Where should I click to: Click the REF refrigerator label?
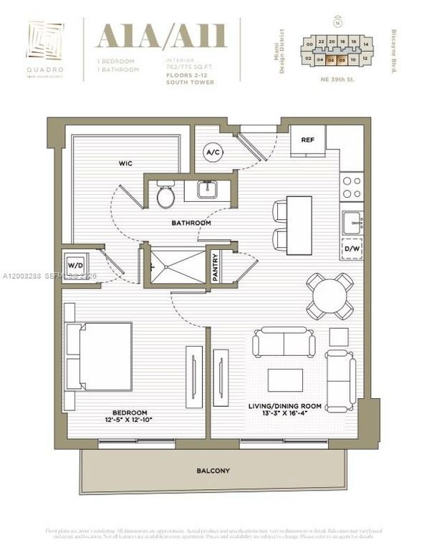(308, 140)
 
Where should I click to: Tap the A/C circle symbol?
(213, 153)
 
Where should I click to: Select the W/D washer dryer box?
(75, 266)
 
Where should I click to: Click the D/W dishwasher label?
(352, 249)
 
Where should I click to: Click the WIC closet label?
(125, 163)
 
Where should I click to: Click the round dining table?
(331, 295)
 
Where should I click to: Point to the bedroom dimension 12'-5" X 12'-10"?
(129, 421)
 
